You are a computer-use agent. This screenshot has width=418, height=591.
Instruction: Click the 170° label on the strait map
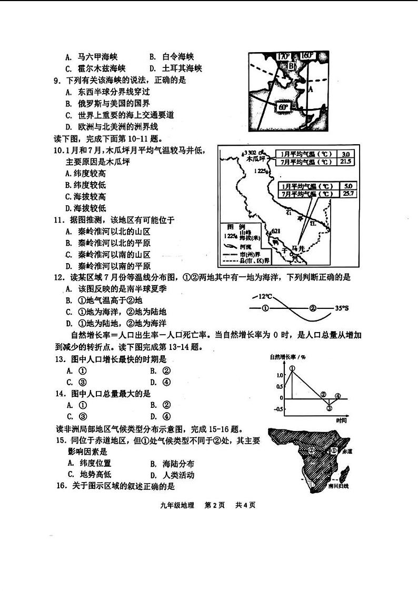click(283, 56)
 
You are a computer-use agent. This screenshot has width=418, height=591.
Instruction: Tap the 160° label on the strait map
click(307, 55)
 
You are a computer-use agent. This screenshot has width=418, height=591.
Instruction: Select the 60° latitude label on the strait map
click(283, 107)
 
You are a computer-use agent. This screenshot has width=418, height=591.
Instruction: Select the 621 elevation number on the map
click(277, 231)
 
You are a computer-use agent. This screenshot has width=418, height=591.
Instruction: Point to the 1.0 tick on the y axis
click(279, 375)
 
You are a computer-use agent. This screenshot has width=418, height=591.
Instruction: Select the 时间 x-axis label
click(341, 420)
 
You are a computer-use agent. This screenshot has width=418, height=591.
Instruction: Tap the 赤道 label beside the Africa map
click(346, 452)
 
